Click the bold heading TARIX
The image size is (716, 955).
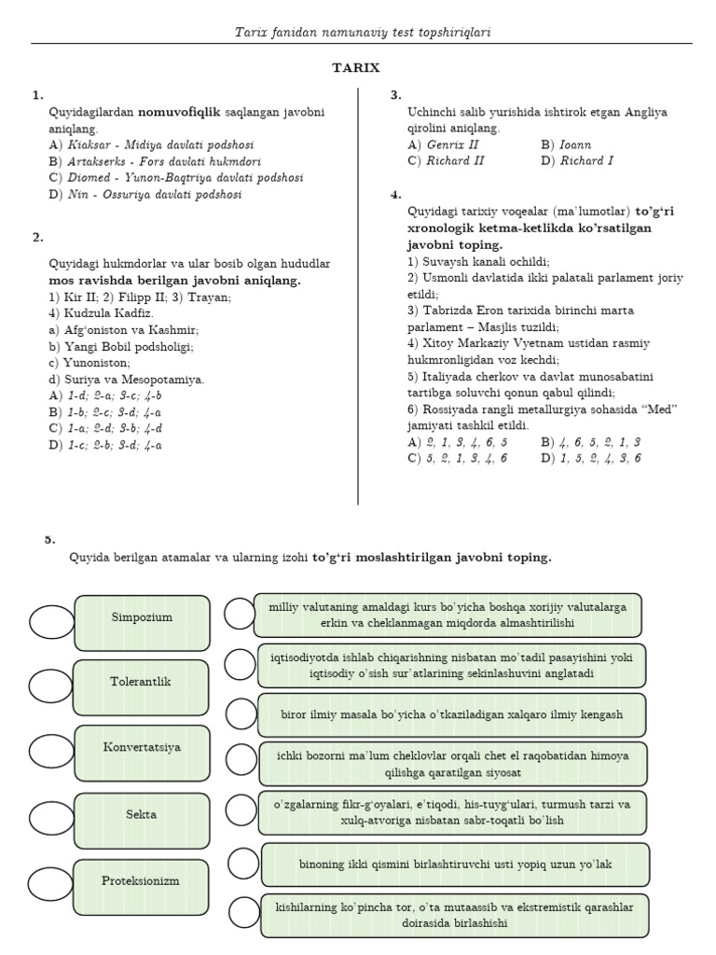click(357, 68)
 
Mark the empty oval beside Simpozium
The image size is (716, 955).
click(56, 622)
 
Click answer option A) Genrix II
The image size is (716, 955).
click(444, 145)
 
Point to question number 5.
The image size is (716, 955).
click(49, 539)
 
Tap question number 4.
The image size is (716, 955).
click(395, 195)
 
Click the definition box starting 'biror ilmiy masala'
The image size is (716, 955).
click(451, 715)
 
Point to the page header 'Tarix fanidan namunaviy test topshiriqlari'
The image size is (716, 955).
click(363, 33)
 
